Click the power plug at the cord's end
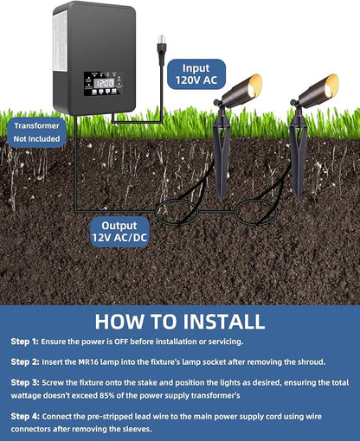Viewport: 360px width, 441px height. coord(161,50)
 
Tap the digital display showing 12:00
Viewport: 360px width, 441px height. coord(104,84)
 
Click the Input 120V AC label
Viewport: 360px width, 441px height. coord(196,74)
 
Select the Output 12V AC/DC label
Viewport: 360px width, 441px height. coord(119,232)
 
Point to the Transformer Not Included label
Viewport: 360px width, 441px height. coord(36,132)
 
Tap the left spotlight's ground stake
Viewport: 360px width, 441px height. coord(222,153)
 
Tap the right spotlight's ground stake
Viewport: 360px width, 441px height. coord(299,153)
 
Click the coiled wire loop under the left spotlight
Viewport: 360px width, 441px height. coord(177,201)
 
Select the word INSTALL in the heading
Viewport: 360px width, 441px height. coord(224,322)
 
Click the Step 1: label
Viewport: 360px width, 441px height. coord(24,342)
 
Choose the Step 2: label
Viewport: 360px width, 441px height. coord(25,361)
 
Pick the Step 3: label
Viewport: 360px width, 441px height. coord(25,382)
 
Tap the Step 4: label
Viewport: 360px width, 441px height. coord(25,416)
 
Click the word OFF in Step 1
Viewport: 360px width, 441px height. coord(121,342)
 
